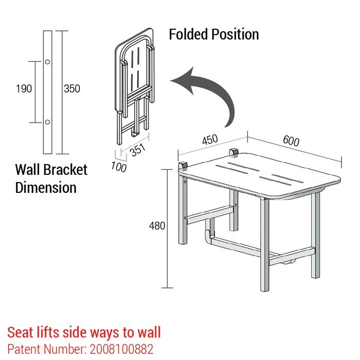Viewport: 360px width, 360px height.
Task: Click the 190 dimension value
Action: point(24,88)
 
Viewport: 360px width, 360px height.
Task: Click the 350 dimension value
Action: point(72,88)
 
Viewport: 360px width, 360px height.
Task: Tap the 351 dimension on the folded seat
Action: point(138,150)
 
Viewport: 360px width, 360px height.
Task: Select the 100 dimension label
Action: point(119,167)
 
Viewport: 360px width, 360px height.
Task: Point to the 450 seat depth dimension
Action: point(210,139)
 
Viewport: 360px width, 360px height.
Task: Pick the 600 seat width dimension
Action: point(291,141)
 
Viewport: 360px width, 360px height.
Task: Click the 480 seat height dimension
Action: point(157,226)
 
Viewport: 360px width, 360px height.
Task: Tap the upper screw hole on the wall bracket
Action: point(47,62)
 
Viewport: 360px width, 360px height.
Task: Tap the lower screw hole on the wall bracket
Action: point(47,122)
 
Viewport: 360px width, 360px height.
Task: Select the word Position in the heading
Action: point(235,34)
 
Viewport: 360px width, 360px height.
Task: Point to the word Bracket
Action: point(65,170)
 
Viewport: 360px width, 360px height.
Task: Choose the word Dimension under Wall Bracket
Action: point(46,187)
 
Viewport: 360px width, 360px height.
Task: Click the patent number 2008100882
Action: point(121,349)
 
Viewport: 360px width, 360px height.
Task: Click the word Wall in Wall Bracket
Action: point(28,170)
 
